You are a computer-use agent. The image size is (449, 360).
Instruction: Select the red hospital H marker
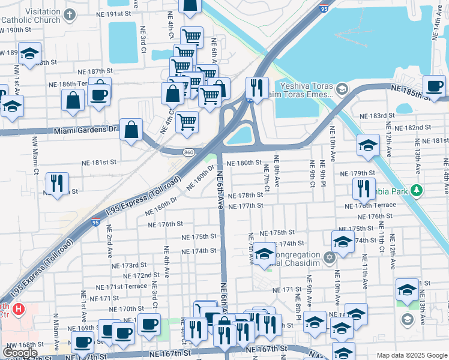[19, 310]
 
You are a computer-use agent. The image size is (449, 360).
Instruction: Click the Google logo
[20, 353]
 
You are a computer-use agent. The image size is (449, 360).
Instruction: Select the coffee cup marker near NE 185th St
[434, 86]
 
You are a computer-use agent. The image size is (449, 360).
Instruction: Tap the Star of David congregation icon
[329, 258]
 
